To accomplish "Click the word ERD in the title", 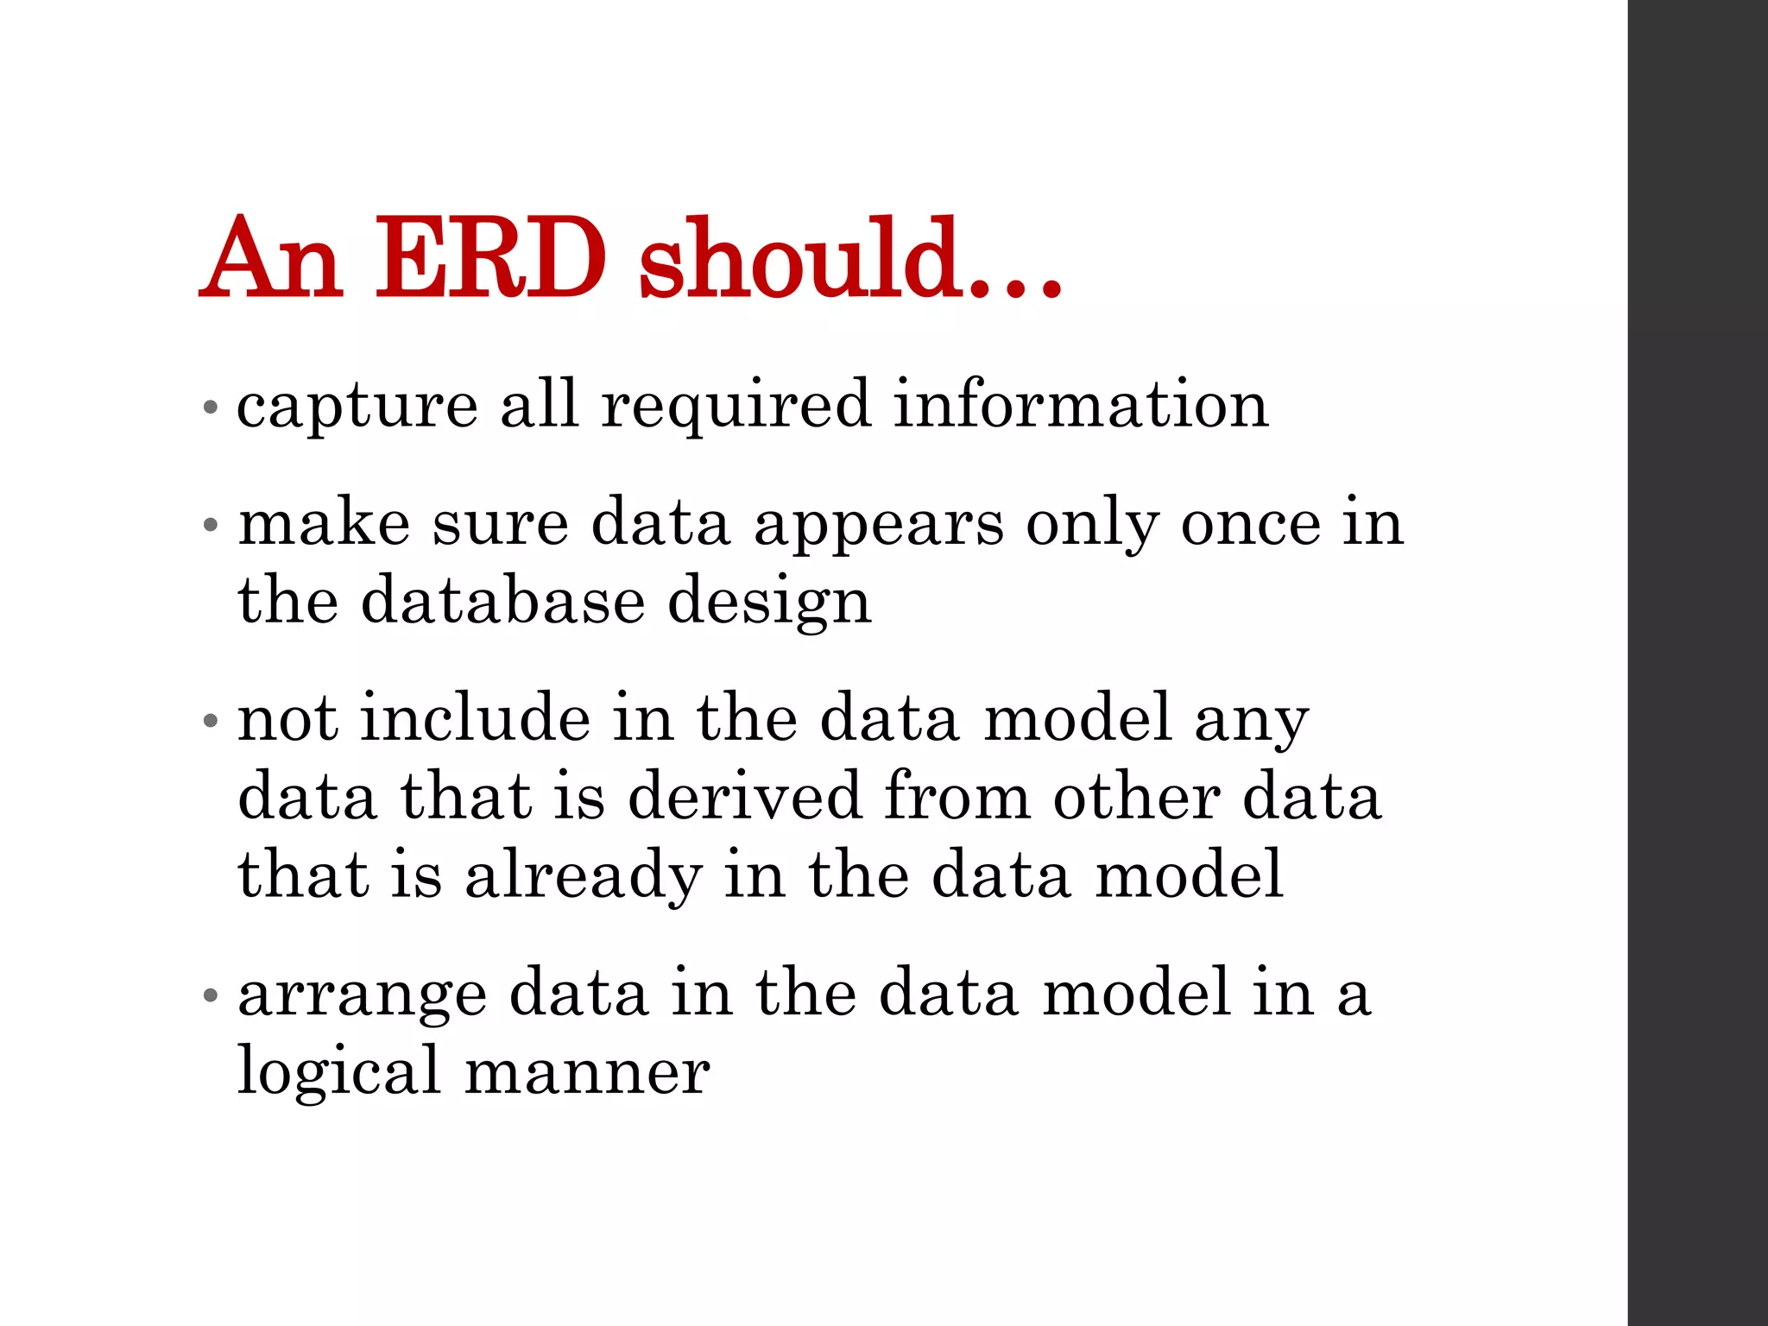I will [x=490, y=259].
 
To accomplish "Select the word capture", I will [x=357, y=406].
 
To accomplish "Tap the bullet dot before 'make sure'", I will [x=209, y=524].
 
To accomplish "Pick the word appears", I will [x=879, y=526].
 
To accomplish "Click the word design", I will [x=769, y=603].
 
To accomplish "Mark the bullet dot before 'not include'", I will [x=209, y=719].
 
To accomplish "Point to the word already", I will [x=584, y=875].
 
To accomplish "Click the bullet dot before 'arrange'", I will [x=209, y=995].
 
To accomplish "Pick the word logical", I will [x=339, y=1073].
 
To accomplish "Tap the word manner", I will [x=587, y=1073].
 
